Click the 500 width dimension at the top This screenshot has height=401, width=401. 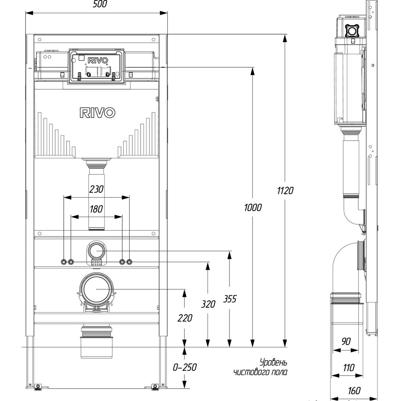(100, 4)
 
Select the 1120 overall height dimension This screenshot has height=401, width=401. (285, 191)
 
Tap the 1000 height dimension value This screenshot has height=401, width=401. (253, 208)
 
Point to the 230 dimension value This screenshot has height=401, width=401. (96, 189)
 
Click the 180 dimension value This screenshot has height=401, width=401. (96, 209)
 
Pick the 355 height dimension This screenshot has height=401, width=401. (229, 299)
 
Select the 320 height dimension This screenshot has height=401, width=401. (208, 304)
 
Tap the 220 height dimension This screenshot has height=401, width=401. (185, 318)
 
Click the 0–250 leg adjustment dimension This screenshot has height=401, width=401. (185, 367)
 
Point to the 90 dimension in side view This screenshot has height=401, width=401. (346, 341)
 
